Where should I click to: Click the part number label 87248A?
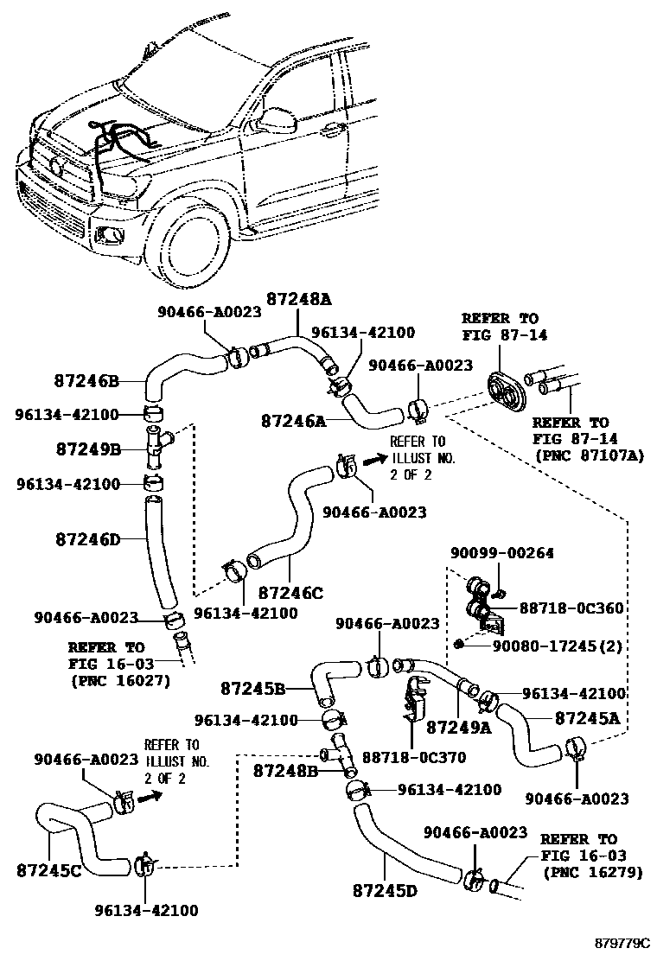[298, 298]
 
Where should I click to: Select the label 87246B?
[86, 381]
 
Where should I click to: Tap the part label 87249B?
[88, 450]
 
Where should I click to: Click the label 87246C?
[290, 593]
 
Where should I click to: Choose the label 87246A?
[294, 421]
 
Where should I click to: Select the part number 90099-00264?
[502, 553]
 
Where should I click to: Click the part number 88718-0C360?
[571, 608]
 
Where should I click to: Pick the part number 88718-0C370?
[414, 758]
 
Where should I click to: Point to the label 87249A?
[458, 727]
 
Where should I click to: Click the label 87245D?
[385, 890]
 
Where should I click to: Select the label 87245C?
[49, 870]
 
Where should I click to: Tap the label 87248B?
[285, 771]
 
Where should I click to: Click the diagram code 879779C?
[622, 942]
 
